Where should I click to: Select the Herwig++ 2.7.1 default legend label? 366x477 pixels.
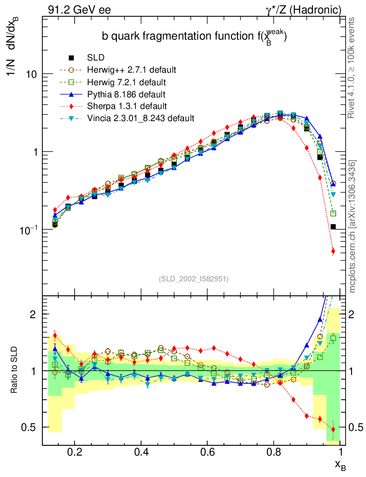coord(131,70)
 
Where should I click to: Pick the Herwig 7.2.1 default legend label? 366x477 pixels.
coord(126,82)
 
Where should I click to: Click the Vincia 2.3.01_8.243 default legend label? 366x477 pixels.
coord(141,118)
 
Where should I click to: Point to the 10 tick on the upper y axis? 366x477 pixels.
coord(31,74)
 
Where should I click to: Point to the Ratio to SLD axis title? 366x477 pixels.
coord(16,370)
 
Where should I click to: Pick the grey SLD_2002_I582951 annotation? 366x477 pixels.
coord(194,279)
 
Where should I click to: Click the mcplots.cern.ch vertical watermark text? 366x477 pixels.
coord(352,226)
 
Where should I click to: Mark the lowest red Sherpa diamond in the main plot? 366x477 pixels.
coord(333,252)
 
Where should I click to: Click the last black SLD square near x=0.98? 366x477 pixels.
coord(333,227)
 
